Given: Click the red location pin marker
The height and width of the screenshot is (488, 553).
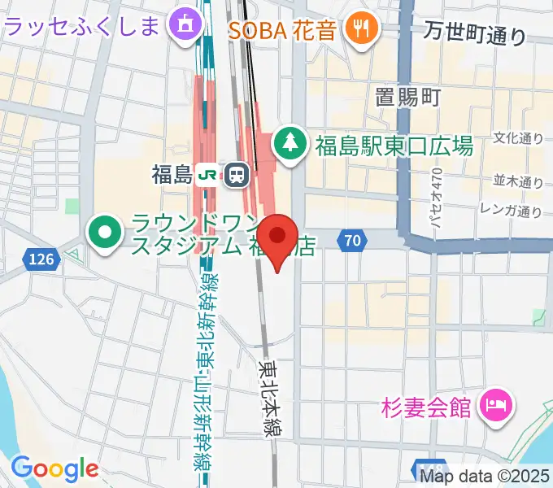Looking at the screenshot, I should (278, 237).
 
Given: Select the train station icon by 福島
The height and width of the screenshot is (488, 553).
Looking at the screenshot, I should (237, 174).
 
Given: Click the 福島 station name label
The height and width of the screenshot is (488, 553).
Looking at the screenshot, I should (171, 174).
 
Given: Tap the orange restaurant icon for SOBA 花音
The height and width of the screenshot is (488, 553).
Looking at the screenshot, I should (358, 31).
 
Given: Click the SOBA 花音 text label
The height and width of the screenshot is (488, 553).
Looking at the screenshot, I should (282, 32).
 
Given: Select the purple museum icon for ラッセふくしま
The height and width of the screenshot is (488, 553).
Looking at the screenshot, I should (186, 26).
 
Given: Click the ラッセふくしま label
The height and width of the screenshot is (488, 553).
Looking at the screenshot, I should (82, 28).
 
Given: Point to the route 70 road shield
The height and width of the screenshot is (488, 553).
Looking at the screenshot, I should (351, 240).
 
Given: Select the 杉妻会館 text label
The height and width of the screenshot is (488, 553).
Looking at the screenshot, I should (425, 406).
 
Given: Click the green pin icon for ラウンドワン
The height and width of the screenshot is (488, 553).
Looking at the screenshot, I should (105, 234).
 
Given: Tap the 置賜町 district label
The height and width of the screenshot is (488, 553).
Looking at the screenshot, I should (407, 98).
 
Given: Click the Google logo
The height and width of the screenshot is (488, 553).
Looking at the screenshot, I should (54, 468).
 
